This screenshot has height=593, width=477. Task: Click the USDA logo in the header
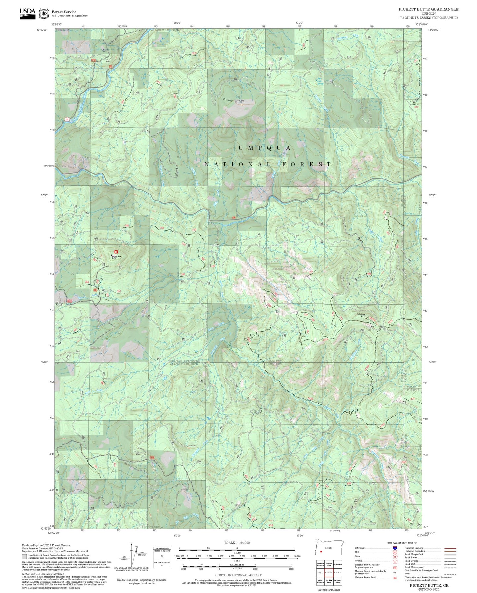[x=27, y=13]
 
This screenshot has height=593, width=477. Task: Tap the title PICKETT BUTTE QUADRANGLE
[x=428, y=9]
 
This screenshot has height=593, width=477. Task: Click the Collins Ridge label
[x=233, y=100]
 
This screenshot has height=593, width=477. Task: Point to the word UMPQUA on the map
[x=265, y=148]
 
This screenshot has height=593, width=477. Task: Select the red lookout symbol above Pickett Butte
[x=116, y=252]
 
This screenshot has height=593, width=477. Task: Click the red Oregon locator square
[x=321, y=551]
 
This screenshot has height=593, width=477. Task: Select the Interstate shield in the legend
[x=395, y=548]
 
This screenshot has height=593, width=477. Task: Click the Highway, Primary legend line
[x=450, y=548]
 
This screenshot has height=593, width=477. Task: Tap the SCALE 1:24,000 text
[x=237, y=543]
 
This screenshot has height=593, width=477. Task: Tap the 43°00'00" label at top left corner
[x=42, y=30]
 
